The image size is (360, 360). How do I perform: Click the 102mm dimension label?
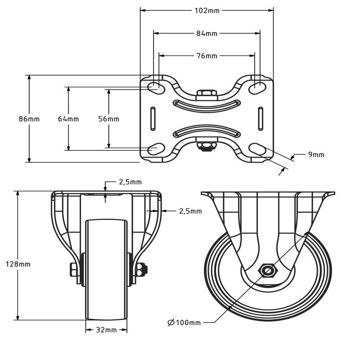click(x=207, y=10)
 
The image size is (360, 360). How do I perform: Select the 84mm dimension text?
click(x=207, y=33)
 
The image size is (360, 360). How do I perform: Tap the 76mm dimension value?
click(x=207, y=56)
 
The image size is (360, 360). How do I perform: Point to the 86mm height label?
click(x=29, y=119)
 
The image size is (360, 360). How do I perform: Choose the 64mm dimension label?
click(x=68, y=119)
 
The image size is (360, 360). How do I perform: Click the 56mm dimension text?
click(x=108, y=119)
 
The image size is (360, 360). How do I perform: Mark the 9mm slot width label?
click(x=316, y=155)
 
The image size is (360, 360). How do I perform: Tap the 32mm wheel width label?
click(x=106, y=330)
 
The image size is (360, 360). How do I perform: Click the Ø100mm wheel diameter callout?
click(x=184, y=322)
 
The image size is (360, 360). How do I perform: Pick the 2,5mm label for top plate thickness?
click(x=130, y=182)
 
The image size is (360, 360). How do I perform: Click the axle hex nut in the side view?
click(x=268, y=270)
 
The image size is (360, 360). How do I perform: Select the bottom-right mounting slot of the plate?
click(x=257, y=148)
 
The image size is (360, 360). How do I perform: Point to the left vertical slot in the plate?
click(x=153, y=119)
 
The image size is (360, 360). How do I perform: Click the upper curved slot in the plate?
click(x=207, y=104)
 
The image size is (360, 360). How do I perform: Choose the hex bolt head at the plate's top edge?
click(x=207, y=94)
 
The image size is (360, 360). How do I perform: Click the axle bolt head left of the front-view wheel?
click(x=74, y=270)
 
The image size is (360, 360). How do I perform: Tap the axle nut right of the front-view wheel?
click(x=142, y=270)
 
